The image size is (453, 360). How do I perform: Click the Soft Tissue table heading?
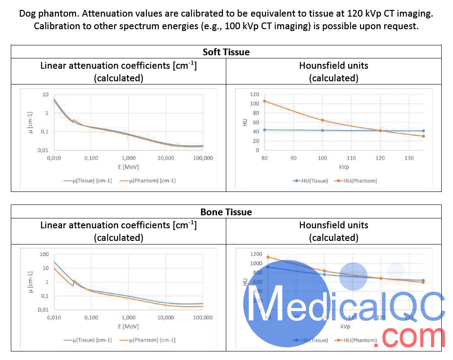click(x=226, y=52)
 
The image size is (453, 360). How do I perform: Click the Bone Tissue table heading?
click(x=226, y=211)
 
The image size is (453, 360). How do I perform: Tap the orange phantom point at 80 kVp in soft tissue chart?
click(x=265, y=101)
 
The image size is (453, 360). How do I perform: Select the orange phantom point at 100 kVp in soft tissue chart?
click(x=323, y=120)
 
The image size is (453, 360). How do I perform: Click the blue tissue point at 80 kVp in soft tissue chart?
click(x=265, y=130)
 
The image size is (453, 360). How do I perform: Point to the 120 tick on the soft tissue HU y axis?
click(x=255, y=94)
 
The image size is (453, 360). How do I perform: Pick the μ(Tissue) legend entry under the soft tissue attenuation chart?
click(x=88, y=181)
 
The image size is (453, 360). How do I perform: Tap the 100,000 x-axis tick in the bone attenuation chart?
click(x=202, y=318)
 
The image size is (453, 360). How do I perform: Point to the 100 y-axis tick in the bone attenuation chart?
click(x=44, y=254)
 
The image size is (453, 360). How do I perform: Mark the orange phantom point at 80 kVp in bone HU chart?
click(x=268, y=257)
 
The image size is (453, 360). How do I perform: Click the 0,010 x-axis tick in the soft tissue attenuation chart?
click(x=54, y=158)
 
